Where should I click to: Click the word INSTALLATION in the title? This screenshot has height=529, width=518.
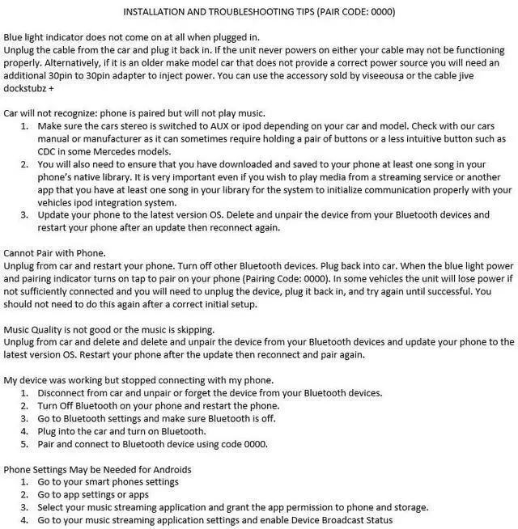(159, 11)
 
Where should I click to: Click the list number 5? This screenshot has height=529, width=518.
(24, 444)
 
